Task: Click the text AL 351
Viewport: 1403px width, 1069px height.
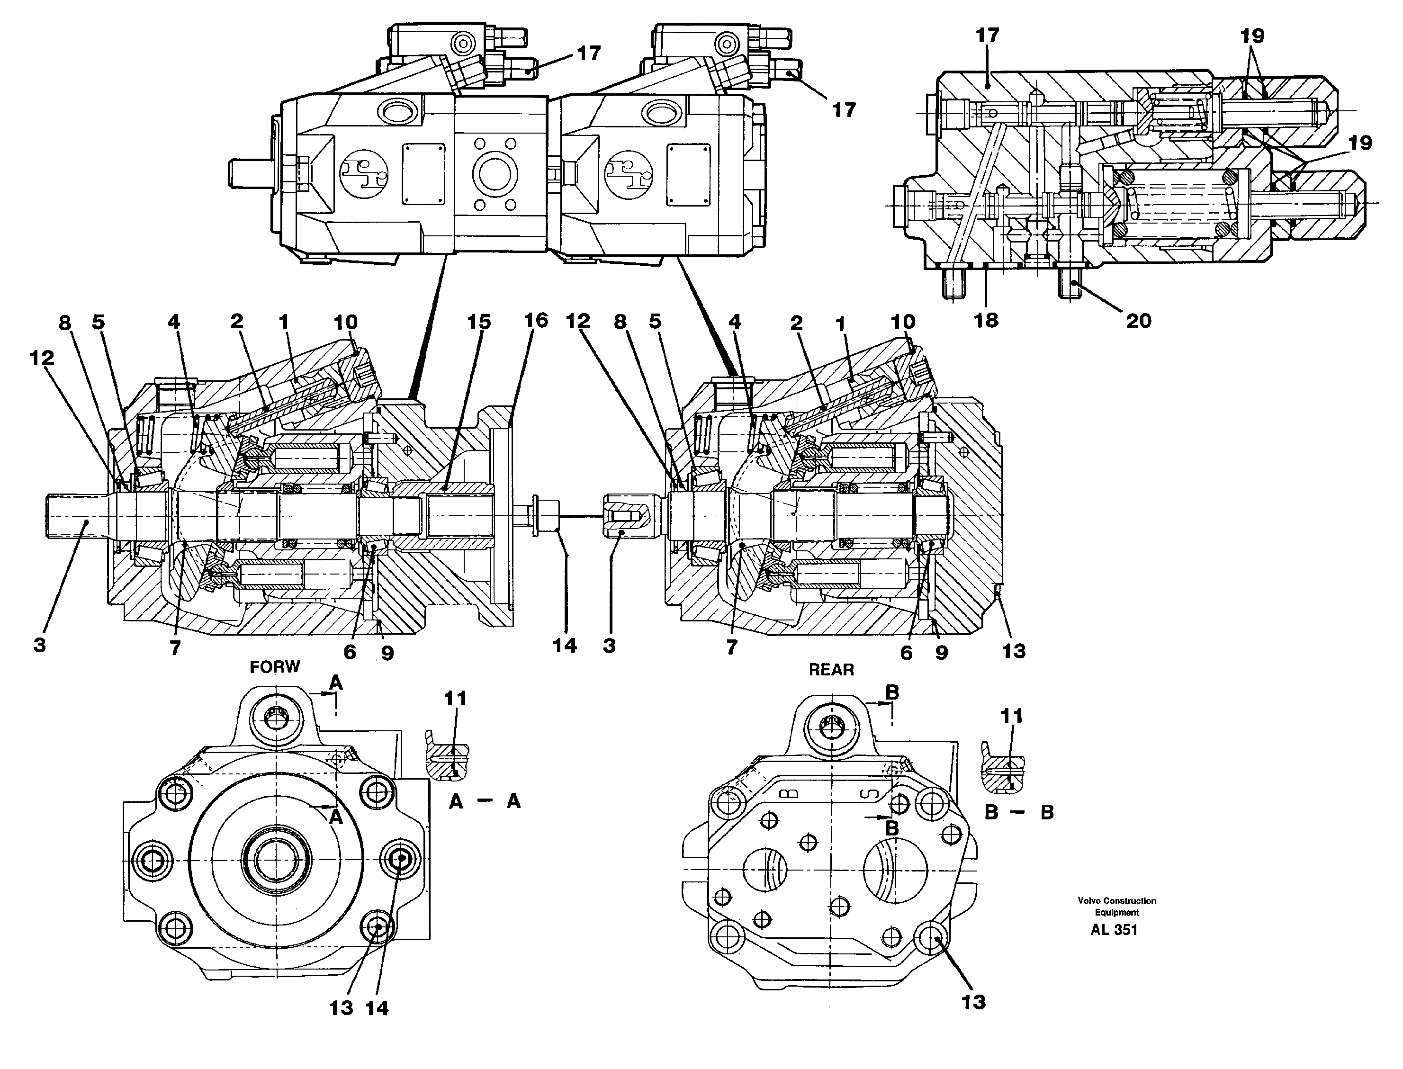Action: (1114, 930)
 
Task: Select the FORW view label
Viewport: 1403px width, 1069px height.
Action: (274, 667)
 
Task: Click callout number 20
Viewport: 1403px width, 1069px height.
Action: (1138, 321)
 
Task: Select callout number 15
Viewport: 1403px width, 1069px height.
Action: (479, 322)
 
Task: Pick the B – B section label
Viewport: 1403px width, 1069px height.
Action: (1019, 813)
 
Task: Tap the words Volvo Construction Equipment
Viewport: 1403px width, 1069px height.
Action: (1117, 906)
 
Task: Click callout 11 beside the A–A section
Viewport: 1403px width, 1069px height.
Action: (456, 699)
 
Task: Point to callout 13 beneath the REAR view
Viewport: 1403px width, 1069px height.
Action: (973, 1002)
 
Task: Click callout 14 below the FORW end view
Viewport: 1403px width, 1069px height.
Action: (377, 1008)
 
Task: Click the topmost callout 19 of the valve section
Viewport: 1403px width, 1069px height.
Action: (1252, 36)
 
